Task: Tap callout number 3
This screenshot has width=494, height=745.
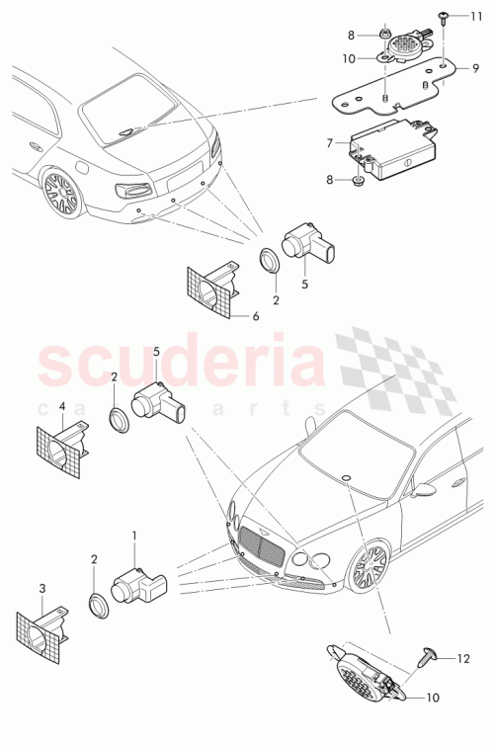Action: (42, 588)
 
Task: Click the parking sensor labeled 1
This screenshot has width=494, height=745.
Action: (139, 588)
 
